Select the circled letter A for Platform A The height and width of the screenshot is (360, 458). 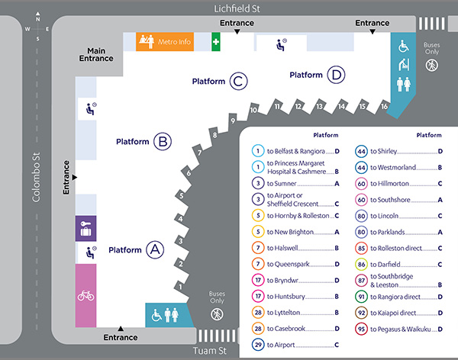coord(154,249)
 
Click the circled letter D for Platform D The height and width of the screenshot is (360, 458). coord(335,75)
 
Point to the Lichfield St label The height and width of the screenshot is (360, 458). coord(237,8)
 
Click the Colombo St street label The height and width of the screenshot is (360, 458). coord(34,180)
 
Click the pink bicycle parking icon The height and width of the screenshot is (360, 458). coord(85,295)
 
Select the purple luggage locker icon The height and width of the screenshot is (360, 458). coord(85,227)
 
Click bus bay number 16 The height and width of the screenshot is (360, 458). coord(383,107)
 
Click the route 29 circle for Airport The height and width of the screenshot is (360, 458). coord(259,345)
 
